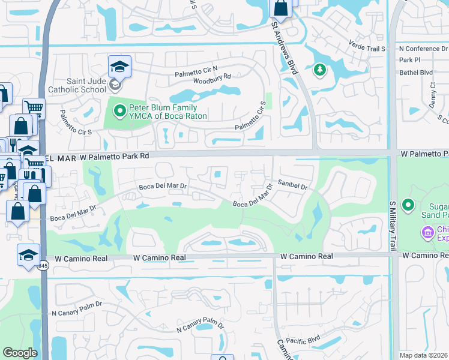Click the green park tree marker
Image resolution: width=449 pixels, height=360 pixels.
(319, 70)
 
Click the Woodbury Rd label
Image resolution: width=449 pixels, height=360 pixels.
(212, 79)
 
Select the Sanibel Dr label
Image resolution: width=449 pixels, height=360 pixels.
(292, 186)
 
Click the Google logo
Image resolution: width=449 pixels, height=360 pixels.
(20, 353)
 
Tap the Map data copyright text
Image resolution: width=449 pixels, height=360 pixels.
(423, 355)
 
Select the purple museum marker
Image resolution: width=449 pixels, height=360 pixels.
(427, 232)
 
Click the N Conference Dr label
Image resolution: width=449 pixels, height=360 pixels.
(423, 49)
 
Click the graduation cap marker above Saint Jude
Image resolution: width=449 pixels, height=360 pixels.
(119, 66)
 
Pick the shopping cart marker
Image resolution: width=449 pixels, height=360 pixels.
(34, 108)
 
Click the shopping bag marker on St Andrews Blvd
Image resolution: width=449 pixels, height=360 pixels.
(281, 8)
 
